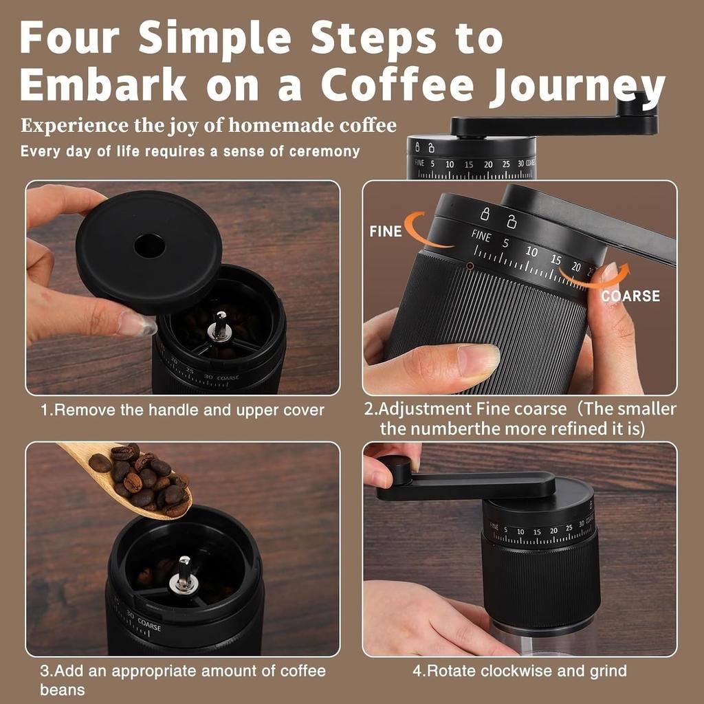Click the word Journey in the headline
(574, 86)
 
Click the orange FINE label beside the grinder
(385, 232)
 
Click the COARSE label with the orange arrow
(630, 296)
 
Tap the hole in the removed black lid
(149, 245)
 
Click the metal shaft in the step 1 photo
(220, 326)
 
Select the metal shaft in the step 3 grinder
(184, 574)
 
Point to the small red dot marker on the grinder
(470, 265)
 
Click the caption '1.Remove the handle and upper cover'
(182, 410)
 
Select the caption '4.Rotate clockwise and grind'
(519, 670)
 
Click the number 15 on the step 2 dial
(555, 261)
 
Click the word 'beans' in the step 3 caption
(62, 690)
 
